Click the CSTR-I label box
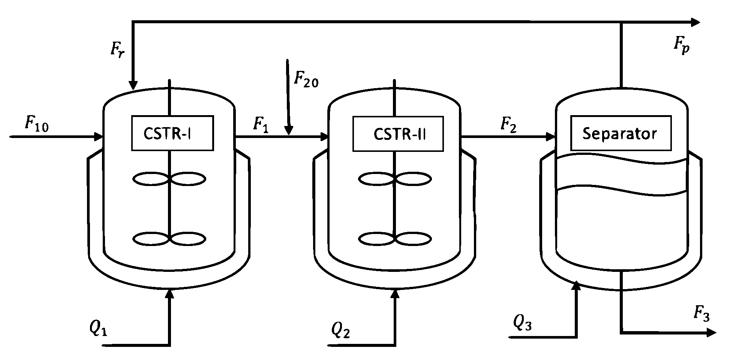(172, 133)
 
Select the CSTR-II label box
(398, 134)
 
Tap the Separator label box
(621, 133)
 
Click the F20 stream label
(306, 79)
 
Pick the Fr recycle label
(117, 51)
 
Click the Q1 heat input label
(98, 328)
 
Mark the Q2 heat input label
(340, 330)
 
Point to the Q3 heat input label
(522, 322)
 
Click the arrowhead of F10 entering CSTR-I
(99, 137)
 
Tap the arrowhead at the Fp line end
(695, 22)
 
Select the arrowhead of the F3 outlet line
(711, 332)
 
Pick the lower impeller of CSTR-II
(395, 239)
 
